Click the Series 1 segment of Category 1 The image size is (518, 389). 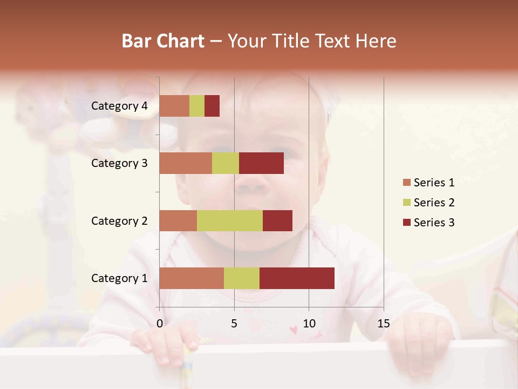pyautogui.click(x=191, y=278)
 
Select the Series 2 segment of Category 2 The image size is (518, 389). pyautogui.click(x=229, y=220)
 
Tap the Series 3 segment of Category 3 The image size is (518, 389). pyautogui.click(x=261, y=163)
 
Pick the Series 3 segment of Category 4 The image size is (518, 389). pyautogui.click(x=212, y=106)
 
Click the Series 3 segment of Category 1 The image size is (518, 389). pyautogui.click(x=297, y=278)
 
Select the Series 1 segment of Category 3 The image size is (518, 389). pyautogui.click(x=185, y=163)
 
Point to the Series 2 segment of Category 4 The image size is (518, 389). pyautogui.click(x=197, y=106)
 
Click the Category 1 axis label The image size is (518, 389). pyautogui.click(x=119, y=278)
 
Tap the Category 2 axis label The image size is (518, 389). pyautogui.click(x=119, y=220)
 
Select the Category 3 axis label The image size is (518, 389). pyautogui.click(x=119, y=163)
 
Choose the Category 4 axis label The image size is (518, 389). pyautogui.click(x=119, y=106)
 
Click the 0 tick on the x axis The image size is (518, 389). pyautogui.click(x=160, y=324)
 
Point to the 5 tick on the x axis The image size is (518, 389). pyautogui.click(x=234, y=324)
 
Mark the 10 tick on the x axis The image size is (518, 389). pyautogui.click(x=309, y=324)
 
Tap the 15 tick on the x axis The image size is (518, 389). pyautogui.click(x=383, y=324)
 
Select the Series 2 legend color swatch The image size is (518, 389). pyautogui.click(x=406, y=203)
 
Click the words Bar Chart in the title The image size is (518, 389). pyautogui.click(x=162, y=41)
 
